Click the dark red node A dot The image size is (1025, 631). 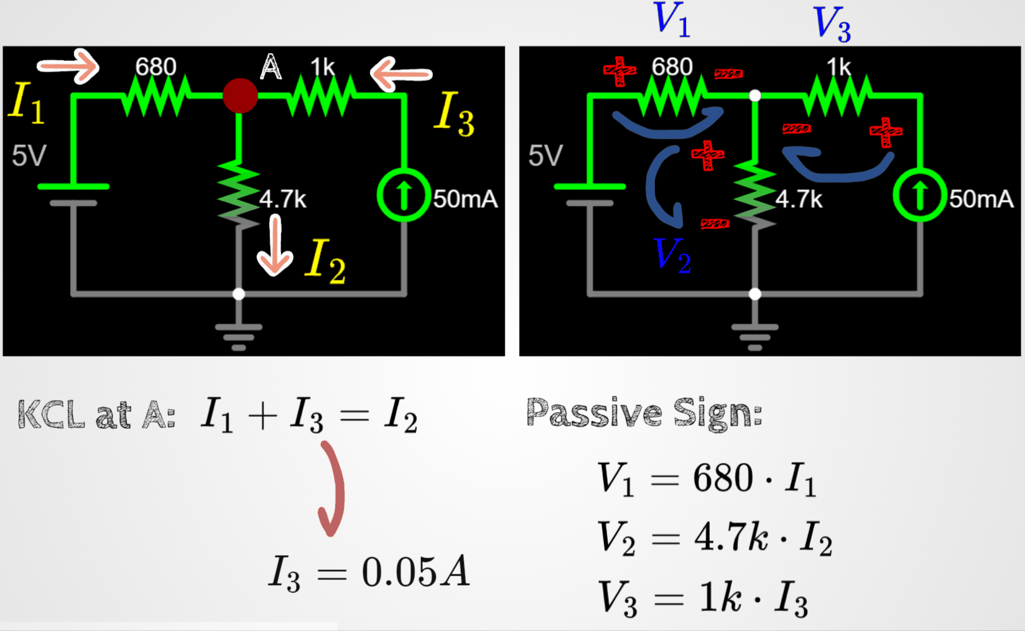point(240,96)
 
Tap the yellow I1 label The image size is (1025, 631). point(27,103)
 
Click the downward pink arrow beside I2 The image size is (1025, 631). point(274,245)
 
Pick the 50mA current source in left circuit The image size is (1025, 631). point(404,195)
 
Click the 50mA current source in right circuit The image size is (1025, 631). point(920,195)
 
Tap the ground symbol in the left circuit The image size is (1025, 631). point(239,337)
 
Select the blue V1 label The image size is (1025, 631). point(672,19)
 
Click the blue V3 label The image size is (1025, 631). point(832,25)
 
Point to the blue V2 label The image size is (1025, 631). point(672,255)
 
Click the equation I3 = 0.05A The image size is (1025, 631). point(369,573)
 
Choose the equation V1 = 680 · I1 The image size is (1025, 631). point(707,479)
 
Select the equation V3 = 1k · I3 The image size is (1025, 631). point(703,599)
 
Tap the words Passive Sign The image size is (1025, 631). point(644,413)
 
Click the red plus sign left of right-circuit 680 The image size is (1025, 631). point(619,71)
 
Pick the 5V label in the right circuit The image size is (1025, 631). point(545,156)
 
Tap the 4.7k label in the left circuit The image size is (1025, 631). point(283,199)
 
